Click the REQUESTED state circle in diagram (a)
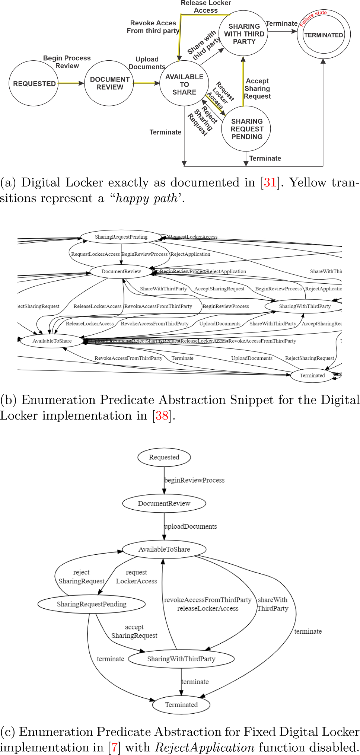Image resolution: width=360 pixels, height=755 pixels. point(34,83)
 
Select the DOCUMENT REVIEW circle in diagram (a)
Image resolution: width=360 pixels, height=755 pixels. point(109,83)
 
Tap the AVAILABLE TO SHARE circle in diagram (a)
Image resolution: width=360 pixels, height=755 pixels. point(184,84)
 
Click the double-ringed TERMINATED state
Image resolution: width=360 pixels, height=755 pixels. point(324,35)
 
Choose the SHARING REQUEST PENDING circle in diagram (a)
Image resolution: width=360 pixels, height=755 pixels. point(246,129)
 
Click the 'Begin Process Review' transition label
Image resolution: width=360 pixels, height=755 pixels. point(67,62)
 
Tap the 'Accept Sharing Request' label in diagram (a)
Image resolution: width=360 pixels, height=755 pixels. point(257,89)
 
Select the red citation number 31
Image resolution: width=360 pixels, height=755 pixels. point(270,182)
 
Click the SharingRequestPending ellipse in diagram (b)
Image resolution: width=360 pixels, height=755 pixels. point(121,237)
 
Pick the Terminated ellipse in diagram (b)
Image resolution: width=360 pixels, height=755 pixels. point(312,375)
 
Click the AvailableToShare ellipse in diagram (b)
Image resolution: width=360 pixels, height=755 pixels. point(52,341)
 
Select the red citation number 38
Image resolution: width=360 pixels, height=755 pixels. point(162,415)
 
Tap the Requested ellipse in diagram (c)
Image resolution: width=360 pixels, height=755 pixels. point(164,457)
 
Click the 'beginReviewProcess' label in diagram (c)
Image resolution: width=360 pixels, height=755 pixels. point(194,480)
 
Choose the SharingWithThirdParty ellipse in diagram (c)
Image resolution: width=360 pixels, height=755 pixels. point(181,659)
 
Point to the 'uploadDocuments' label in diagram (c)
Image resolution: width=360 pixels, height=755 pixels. point(191,526)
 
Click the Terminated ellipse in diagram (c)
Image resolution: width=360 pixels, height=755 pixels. point(181,704)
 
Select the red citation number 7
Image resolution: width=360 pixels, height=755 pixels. point(115,748)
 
